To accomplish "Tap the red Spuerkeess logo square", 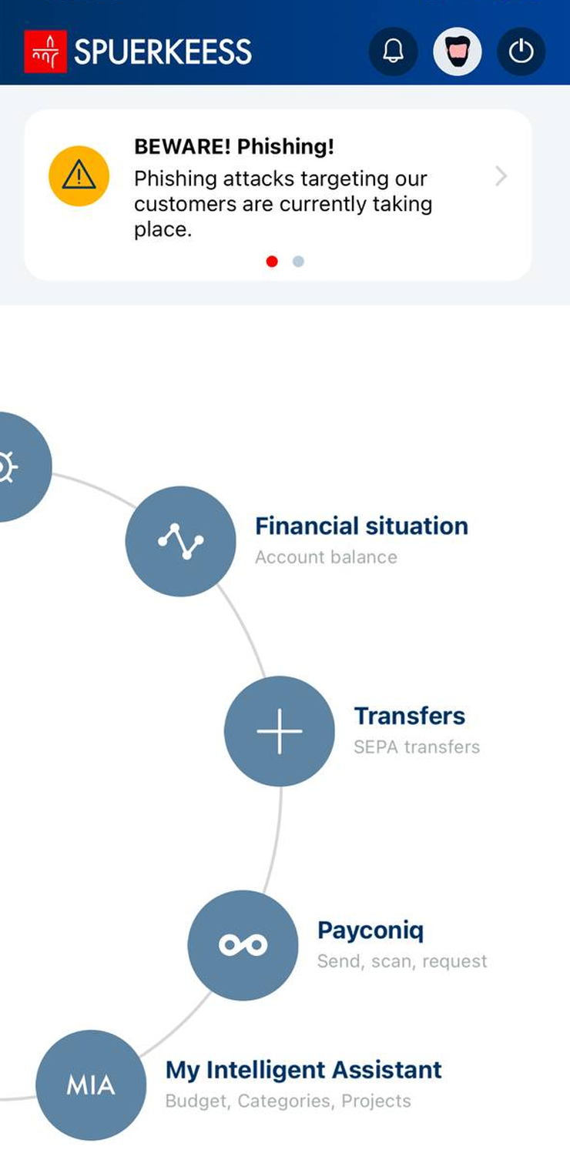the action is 45,52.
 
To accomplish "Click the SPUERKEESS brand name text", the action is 163,52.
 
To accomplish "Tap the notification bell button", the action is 394,52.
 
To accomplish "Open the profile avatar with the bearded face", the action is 457,52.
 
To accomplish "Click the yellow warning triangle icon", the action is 79,176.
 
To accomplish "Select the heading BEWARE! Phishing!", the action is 234,146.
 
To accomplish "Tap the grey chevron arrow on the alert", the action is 501,176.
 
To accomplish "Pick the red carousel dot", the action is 272,262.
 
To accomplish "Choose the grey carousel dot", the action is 298,262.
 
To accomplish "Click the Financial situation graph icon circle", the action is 181,541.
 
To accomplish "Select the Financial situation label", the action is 361,526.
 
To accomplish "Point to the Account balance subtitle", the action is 327,557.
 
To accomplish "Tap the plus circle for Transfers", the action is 280,731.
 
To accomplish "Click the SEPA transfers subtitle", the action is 417,747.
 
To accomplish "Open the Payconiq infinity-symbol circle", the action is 243,945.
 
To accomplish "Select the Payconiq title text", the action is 370,930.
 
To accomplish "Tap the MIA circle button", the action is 91,1085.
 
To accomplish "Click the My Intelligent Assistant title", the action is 303,1070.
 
